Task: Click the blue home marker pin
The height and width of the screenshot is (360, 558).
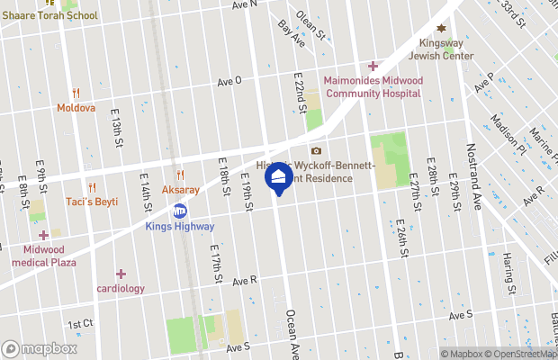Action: [278, 177]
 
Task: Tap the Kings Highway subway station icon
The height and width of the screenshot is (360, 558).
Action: [180, 211]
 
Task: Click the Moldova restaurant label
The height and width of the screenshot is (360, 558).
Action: [76, 107]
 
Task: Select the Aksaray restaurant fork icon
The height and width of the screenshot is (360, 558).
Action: [180, 175]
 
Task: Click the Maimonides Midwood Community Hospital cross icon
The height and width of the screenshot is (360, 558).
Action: [373, 66]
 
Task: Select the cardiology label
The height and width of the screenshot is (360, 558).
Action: [121, 289]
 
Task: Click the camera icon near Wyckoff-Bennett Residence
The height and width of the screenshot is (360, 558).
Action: [316, 151]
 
